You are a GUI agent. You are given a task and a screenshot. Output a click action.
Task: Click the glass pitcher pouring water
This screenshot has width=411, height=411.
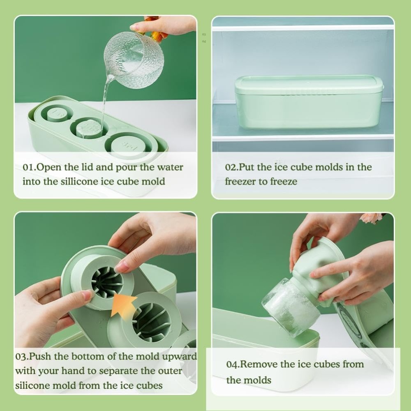[x=134, y=60]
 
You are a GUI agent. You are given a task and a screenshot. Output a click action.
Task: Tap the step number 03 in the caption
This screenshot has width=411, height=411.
[x=21, y=356]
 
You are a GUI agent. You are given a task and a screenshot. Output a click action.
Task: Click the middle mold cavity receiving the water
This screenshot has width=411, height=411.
[x=89, y=129]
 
